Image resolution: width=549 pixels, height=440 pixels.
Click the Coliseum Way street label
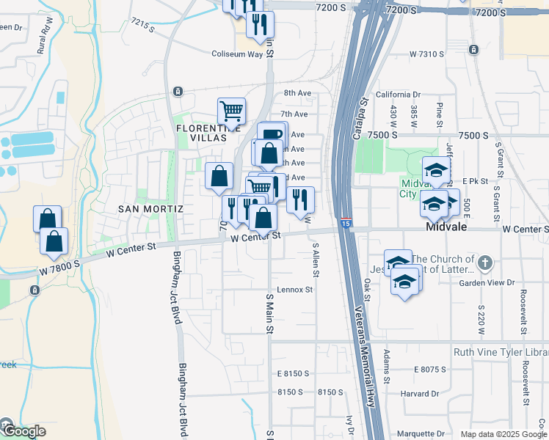(x=237, y=54)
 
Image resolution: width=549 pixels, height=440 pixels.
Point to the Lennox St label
(x=295, y=290)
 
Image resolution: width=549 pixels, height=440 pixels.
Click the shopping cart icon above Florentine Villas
(x=231, y=111)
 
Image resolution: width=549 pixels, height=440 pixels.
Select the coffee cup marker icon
(x=271, y=133)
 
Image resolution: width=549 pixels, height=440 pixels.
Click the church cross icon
(x=484, y=263)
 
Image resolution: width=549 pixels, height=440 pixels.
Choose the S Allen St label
(x=316, y=260)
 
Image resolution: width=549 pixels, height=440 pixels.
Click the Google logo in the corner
(x=23, y=431)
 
